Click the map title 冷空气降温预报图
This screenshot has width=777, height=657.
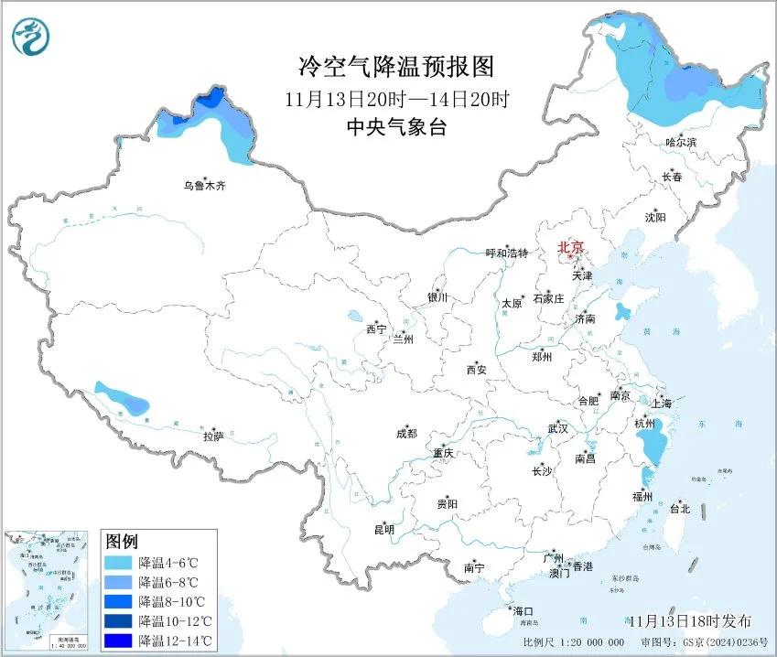395,67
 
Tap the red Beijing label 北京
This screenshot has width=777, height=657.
571,247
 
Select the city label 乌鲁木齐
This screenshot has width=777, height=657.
202,186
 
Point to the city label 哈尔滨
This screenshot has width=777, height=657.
681,143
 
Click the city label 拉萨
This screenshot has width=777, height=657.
212,437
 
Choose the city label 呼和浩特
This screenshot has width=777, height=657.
506,253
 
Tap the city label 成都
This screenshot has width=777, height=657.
406,434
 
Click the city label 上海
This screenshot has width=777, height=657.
661,404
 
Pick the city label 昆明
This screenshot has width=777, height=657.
383,529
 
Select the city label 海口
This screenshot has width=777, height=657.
522,610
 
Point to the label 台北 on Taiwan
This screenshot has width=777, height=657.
679,508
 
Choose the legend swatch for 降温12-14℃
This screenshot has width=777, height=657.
119,641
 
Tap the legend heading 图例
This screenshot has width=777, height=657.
122,541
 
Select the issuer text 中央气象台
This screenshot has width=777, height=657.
395,128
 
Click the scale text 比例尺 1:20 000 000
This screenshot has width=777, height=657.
574,643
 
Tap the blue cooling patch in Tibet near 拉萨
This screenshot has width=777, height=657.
123,399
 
